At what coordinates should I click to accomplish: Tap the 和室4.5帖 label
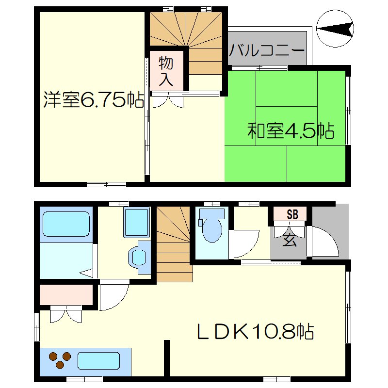pos(291,130)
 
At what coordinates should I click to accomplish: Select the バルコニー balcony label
pos(267,50)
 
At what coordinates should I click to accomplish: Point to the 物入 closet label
pos(166,71)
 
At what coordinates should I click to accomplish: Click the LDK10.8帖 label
pos(254,332)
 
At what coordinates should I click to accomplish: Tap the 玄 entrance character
pos(290,240)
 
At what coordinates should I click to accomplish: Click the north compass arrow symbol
pos(335,30)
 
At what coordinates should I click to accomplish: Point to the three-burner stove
pos(60,360)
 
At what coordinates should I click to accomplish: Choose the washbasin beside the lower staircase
pos(139,256)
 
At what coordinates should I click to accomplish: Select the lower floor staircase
pos(174,242)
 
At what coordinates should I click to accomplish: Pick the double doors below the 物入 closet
pos(167,101)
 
